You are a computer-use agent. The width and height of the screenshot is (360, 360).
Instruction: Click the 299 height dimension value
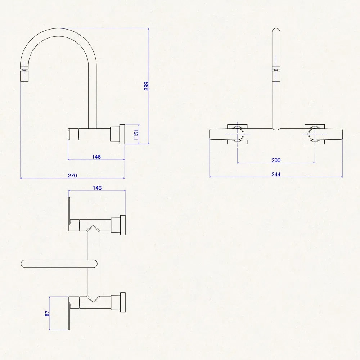pyautogui.click(x=146, y=86)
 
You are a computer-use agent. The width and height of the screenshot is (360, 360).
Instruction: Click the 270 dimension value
pyautogui.click(x=73, y=175)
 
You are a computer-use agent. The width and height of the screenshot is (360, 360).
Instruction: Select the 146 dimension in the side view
pyautogui.click(x=96, y=157)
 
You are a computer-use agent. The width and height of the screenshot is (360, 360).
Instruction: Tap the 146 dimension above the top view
pyautogui.click(x=97, y=188)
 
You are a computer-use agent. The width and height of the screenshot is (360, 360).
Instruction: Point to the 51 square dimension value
pyautogui.click(x=136, y=134)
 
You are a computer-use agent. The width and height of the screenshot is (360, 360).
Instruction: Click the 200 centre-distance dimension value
pyautogui.click(x=276, y=160)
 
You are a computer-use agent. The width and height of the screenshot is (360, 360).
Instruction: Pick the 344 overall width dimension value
pyautogui.click(x=276, y=175)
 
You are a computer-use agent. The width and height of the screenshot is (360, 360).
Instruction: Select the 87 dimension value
pyautogui.click(x=47, y=314)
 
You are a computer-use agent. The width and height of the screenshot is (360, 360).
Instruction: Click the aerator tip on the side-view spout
pyautogui.click(x=24, y=76)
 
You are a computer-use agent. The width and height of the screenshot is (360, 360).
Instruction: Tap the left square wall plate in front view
pyautogui.click(x=237, y=134)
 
